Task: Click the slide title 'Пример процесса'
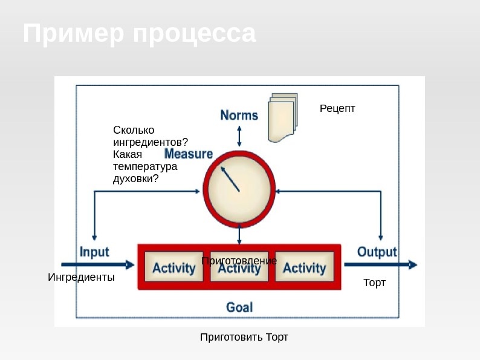[x=140, y=34]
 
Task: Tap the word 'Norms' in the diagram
[x=239, y=115]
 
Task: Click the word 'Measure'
[x=189, y=154]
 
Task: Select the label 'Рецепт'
[x=337, y=108]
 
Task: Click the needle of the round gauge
[x=230, y=179]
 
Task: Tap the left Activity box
[x=174, y=267]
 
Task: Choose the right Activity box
[x=304, y=267]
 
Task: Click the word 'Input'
[x=95, y=252]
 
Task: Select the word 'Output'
[x=377, y=252]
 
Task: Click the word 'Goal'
[x=239, y=307]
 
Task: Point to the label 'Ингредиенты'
[x=81, y=278]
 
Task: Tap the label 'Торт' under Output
[x=374, y=283]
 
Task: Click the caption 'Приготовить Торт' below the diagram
[x=244, y=336]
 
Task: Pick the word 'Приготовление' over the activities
[x=239, y=260]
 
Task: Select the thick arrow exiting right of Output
[x=381, y=264]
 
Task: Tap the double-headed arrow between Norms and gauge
[x=240, y=136]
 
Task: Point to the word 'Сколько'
[x=134, y=130]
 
